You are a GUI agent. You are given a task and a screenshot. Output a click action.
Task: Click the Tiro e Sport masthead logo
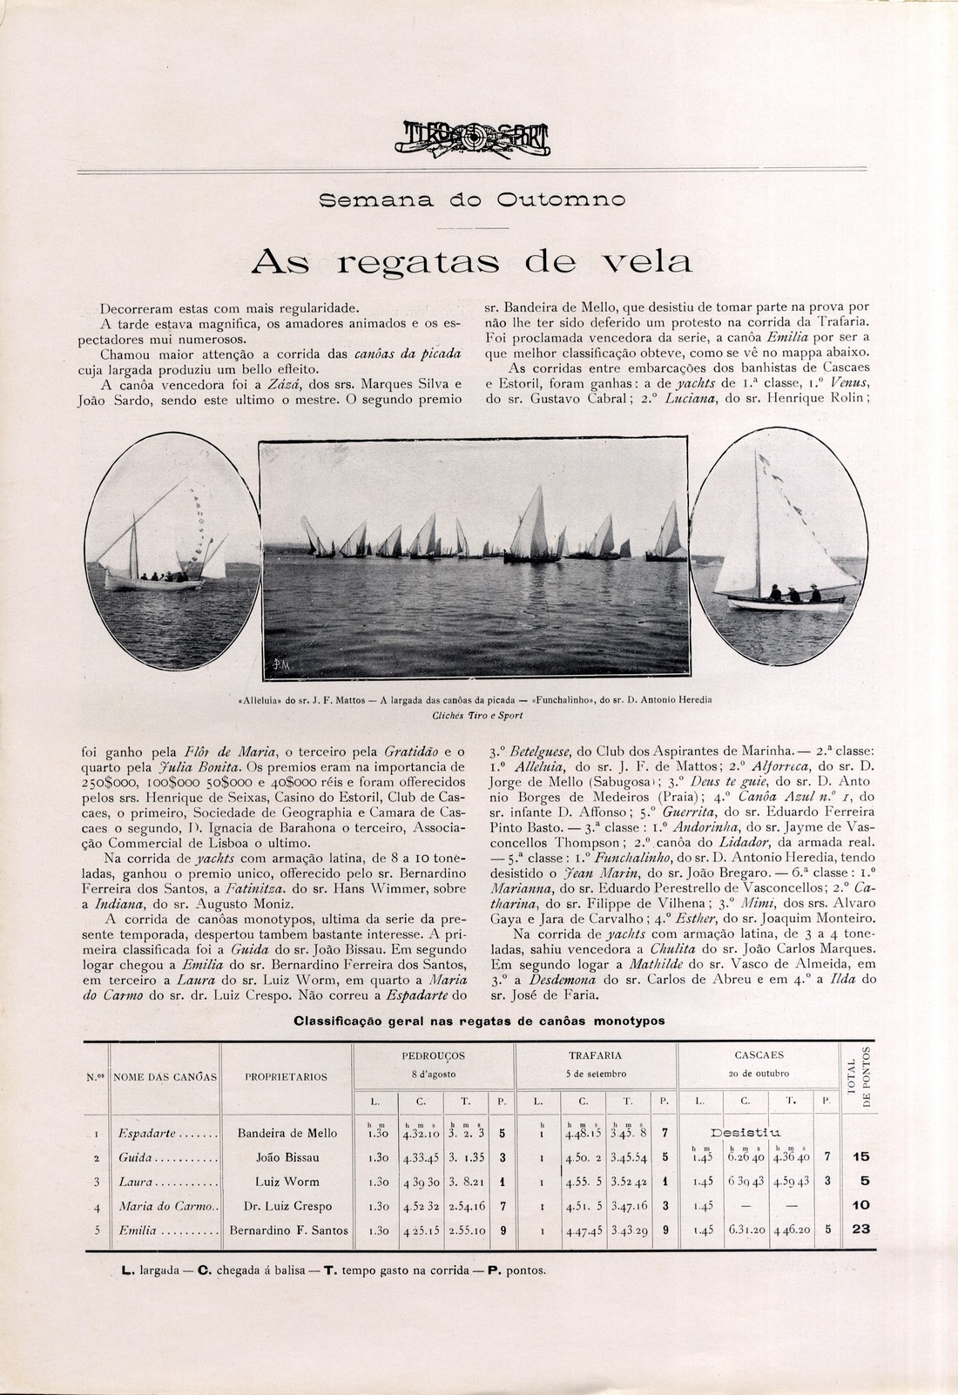[477, 138]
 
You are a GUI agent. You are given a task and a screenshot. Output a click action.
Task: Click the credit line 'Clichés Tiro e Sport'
[479, 717]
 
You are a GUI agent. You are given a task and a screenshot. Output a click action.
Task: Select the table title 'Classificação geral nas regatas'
[479, 1021]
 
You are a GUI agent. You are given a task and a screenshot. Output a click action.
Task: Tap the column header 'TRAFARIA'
[595, 1055]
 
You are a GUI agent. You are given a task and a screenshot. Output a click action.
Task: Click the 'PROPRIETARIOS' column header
[286, 1077]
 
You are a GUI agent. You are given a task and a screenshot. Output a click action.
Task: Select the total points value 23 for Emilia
[860, 1230]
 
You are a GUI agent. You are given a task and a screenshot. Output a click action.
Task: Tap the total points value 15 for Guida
[860, 1157]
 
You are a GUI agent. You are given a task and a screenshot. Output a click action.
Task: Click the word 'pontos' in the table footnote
[524, 1270]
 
